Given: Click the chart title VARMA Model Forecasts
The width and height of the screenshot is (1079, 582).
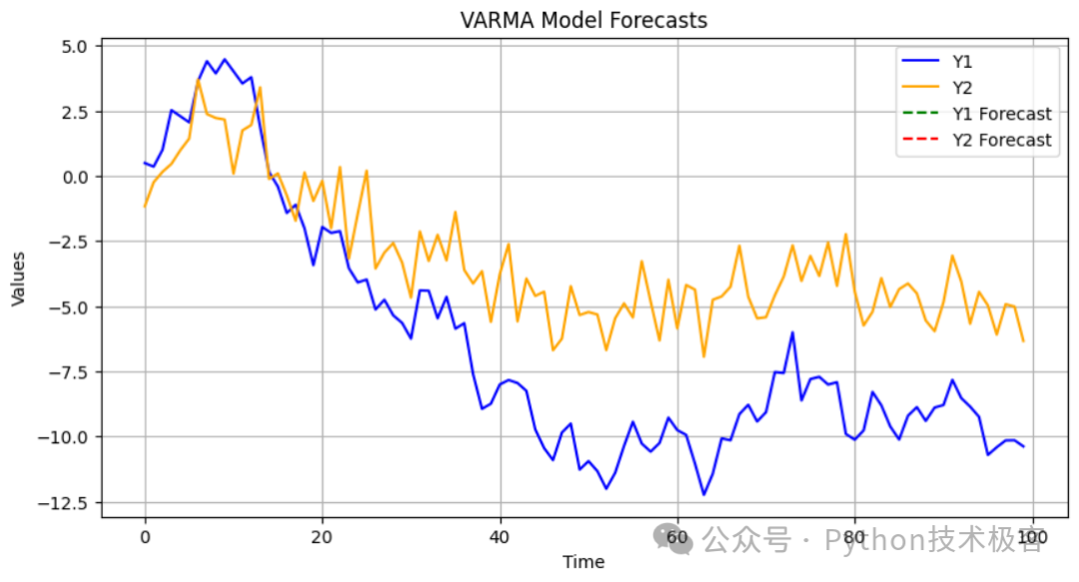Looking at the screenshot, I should pos(583,20).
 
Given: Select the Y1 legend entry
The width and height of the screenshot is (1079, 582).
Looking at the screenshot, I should pos(964,60).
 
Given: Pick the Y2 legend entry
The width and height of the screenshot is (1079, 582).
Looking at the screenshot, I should pos(964,87).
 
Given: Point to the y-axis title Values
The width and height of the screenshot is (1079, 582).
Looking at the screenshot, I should pos(20,278).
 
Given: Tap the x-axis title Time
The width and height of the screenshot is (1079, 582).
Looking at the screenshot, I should pos(583,562).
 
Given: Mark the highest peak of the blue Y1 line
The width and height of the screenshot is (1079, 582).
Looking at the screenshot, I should pos(225,59).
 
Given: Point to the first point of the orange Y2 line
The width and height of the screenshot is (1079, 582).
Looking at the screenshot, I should pos(145,207).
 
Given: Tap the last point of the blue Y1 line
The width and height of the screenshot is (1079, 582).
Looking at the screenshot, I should pos(1023,446).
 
